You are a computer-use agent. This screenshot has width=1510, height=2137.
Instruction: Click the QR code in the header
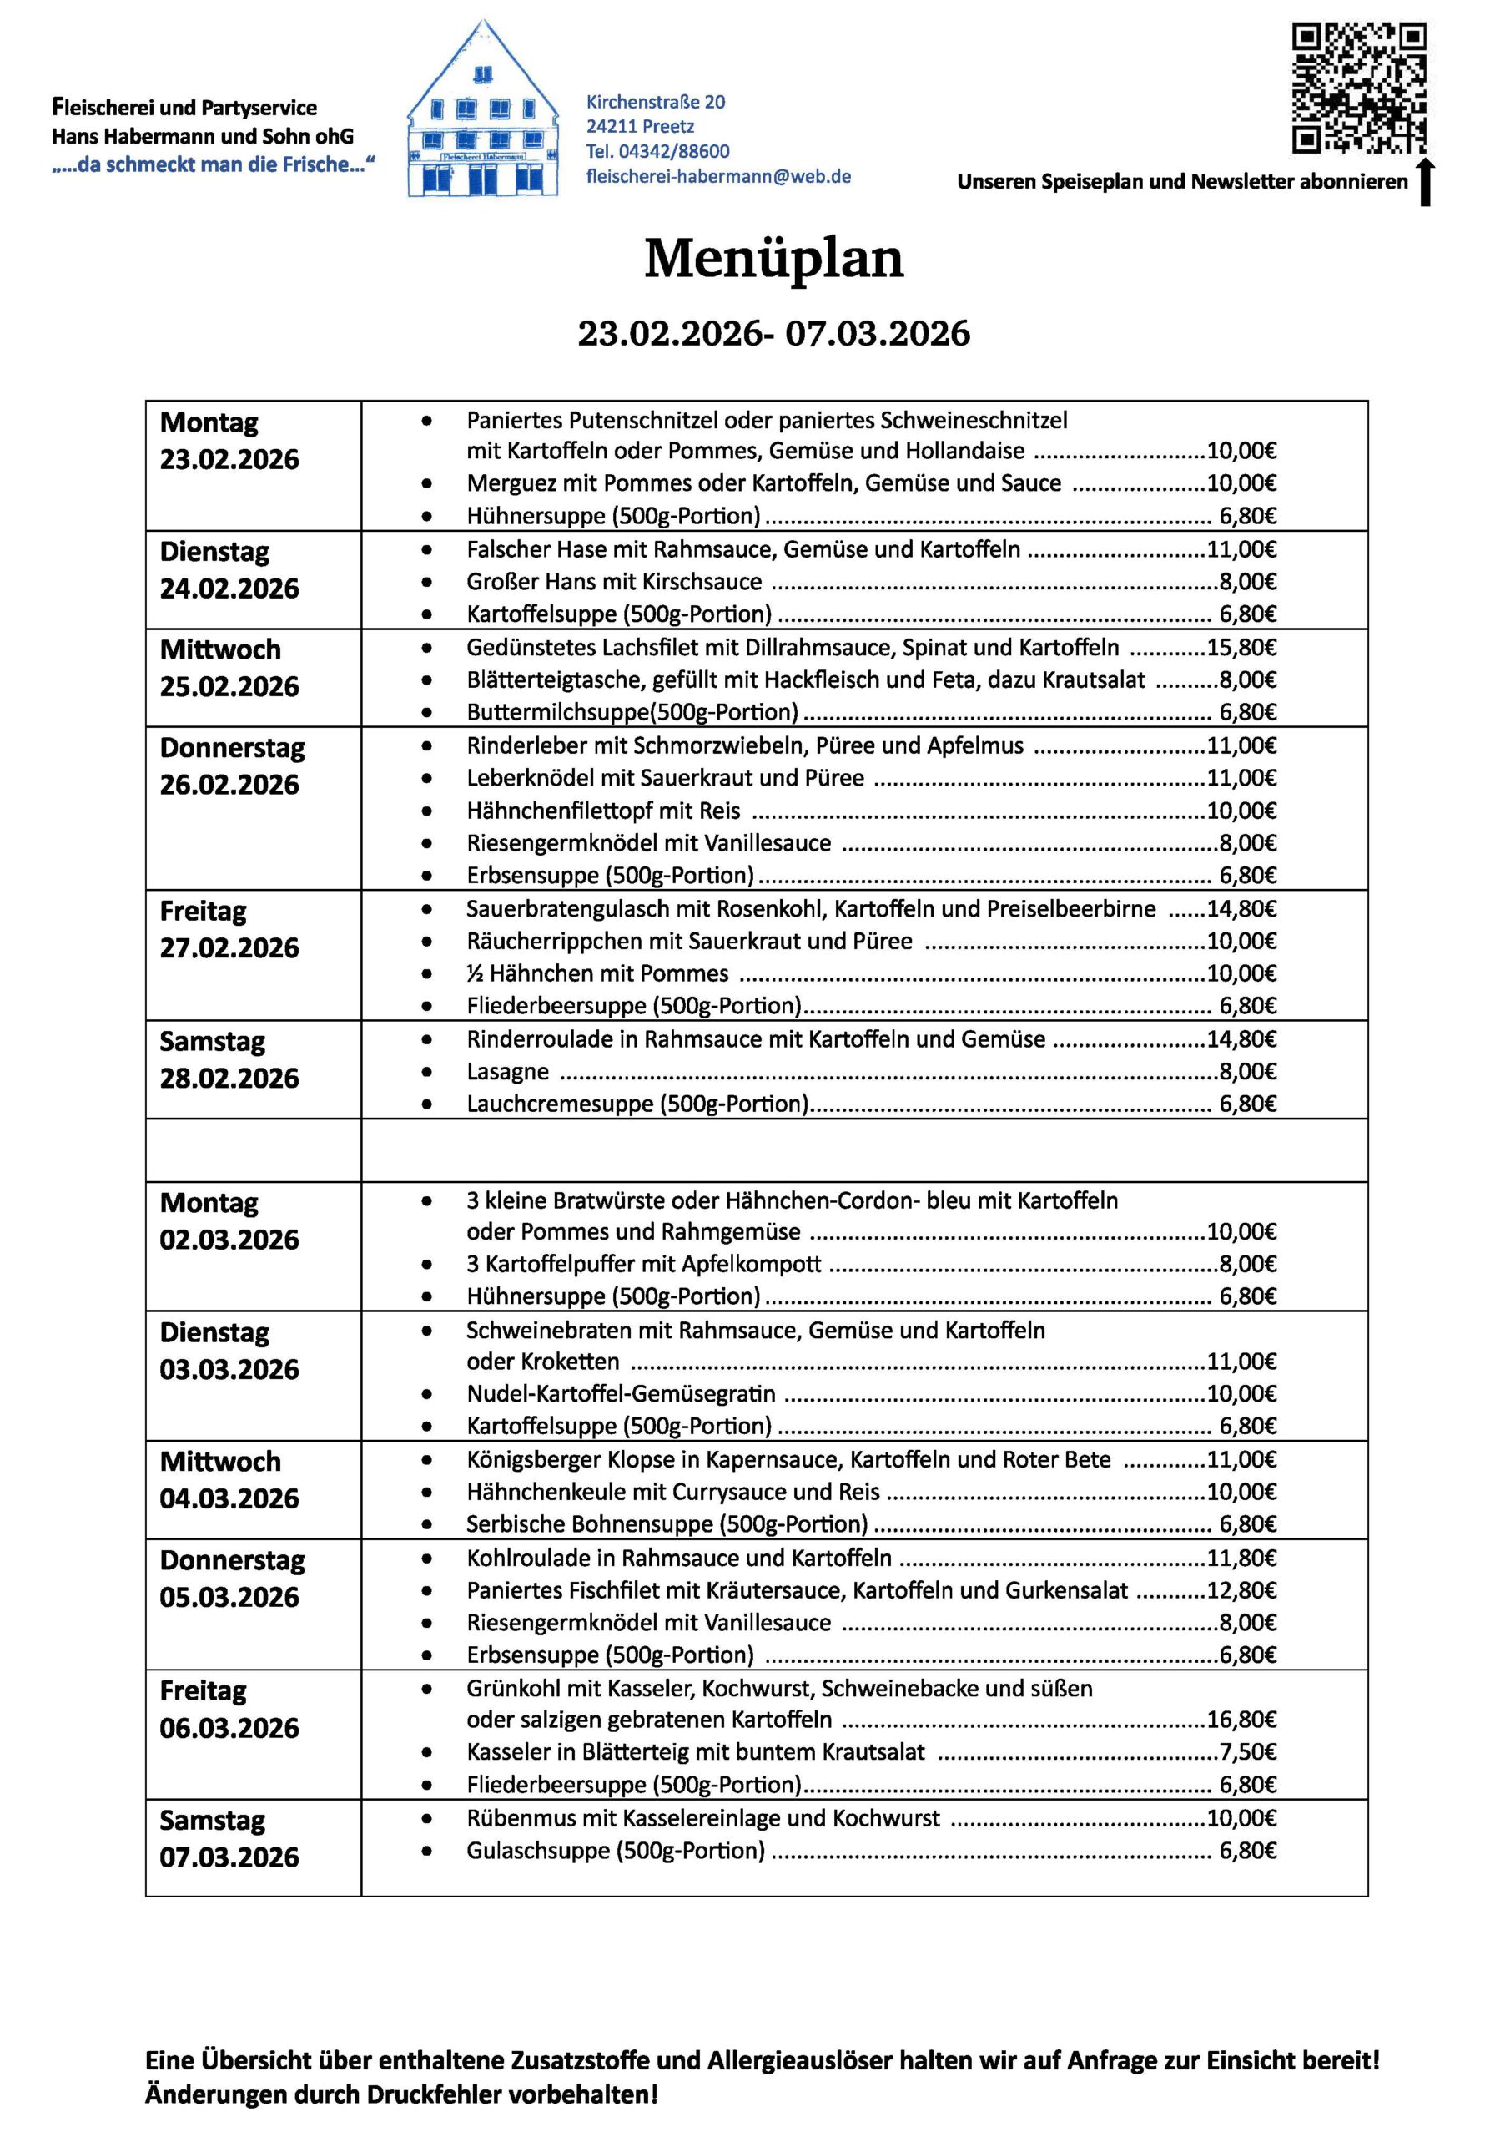click(1358, 88)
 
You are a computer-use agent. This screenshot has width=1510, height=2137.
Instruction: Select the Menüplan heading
click(773, 259)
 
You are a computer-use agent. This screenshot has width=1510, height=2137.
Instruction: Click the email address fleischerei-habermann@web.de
click(718, 176)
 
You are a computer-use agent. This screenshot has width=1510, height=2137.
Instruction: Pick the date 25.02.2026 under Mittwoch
click(229, 687)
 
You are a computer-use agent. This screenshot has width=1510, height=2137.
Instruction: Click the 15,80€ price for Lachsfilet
click(1241, 648)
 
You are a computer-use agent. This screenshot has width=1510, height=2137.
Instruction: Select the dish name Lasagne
click(507, 1071)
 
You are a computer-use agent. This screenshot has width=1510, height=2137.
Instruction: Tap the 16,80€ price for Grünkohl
click(1241, 1719)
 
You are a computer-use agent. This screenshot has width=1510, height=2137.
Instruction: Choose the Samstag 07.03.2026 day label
click(229, 1838)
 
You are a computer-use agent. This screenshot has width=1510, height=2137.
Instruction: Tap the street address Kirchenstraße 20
click(655, 102)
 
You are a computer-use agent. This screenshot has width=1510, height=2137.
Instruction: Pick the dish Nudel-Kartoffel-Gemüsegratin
click(621, 1393)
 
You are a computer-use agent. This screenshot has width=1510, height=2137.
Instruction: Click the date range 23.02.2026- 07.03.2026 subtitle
click(773, 333)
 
